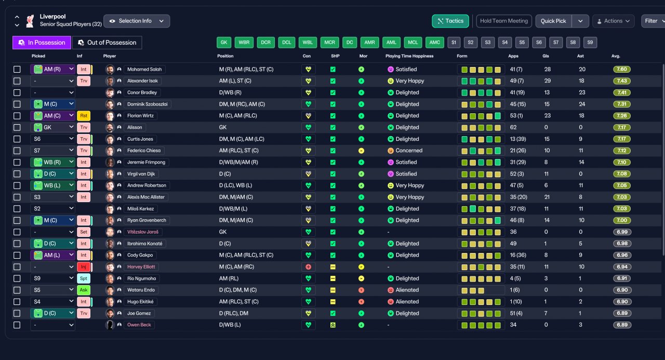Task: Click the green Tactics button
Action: click(450, 21)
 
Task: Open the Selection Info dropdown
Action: click(137, 21)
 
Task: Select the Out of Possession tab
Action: click(107, 43)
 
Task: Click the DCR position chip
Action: click(265, 43)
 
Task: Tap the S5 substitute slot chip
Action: click(522, 43)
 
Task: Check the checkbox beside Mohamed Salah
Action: click(17, 70)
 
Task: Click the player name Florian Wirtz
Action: click(140, 116)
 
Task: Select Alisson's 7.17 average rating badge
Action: click(622, 127)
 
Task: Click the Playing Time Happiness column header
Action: click(409, 56)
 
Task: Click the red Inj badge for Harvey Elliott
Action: click(84, 267)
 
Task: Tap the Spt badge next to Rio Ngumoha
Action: click(84, 278)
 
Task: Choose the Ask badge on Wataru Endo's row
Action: click(84, 290)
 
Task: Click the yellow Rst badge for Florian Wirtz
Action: click(84, 116)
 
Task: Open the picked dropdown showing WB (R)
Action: click(52, 163)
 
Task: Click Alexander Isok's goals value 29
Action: click(548, 81)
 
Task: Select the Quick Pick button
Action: click(553, 21)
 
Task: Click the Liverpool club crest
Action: click(30, 21)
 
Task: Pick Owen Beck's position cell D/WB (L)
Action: click(230, 325)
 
